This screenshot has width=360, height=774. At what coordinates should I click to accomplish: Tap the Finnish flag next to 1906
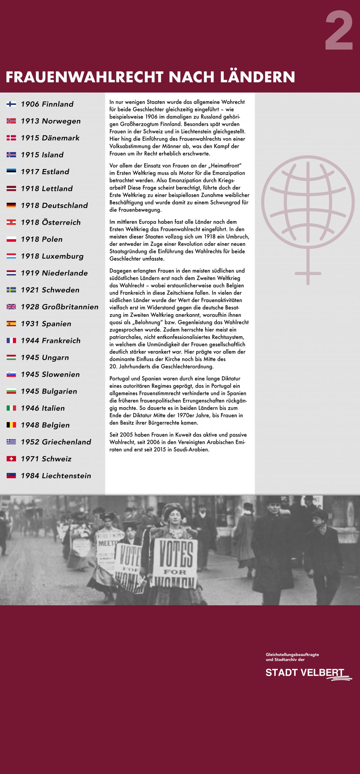click(x=11, y=104)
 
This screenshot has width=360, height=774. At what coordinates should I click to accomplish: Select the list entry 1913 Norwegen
click(x=50, y=121)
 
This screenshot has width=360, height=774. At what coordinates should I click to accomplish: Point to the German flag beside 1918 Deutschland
click(x=11, y=205)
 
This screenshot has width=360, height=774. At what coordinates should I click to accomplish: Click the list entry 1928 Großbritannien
click(x=59, y=307)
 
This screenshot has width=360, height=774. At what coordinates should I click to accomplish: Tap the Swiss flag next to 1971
click(x=11, y=459)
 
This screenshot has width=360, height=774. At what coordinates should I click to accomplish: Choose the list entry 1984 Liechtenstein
click(x=56, y=476)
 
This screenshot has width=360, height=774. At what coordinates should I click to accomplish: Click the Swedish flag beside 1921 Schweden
click(x=11, y=290)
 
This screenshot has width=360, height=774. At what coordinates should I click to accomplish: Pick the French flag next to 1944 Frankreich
click(x=11, y=340)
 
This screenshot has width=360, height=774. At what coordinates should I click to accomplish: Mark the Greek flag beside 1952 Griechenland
click(x=11, y=442)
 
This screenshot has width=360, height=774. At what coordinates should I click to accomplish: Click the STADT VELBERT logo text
click(x=305, y=673)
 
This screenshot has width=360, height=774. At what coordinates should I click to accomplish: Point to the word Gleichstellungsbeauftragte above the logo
click(x=292, y=655)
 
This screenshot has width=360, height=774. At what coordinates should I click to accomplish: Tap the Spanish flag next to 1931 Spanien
click(x=11, y=324)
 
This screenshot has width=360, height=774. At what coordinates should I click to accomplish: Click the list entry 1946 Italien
click(x=43, y=408)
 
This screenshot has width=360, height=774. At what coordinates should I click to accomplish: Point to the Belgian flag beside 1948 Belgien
click(x=11, y=425)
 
